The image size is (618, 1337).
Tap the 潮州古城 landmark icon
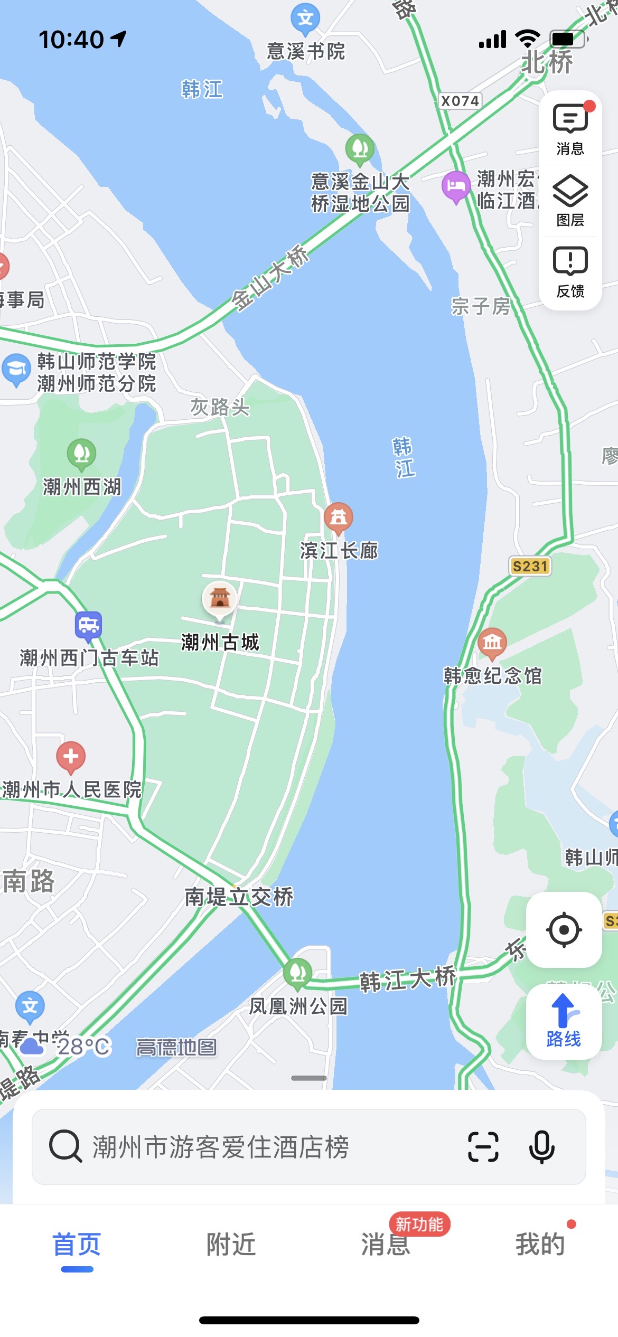pos(220,599)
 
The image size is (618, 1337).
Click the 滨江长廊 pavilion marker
pos(338,517)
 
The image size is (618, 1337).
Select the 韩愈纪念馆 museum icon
pos(492,642)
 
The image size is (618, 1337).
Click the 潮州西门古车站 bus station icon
pos(88,626)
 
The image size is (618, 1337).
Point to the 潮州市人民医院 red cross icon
pos(71,756)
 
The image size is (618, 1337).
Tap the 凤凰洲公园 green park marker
pos(297,972)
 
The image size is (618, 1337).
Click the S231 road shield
pos(530,566)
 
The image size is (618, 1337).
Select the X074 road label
pos(460,101)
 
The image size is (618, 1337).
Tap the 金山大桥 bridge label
pos(270,278)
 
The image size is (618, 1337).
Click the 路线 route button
pos(564,1021)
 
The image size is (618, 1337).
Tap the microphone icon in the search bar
pos(542,1147)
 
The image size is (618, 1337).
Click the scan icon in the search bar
pos(483,1147)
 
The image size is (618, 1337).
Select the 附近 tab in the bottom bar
pos(231,1244)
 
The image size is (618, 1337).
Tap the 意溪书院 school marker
pos(305,19)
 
